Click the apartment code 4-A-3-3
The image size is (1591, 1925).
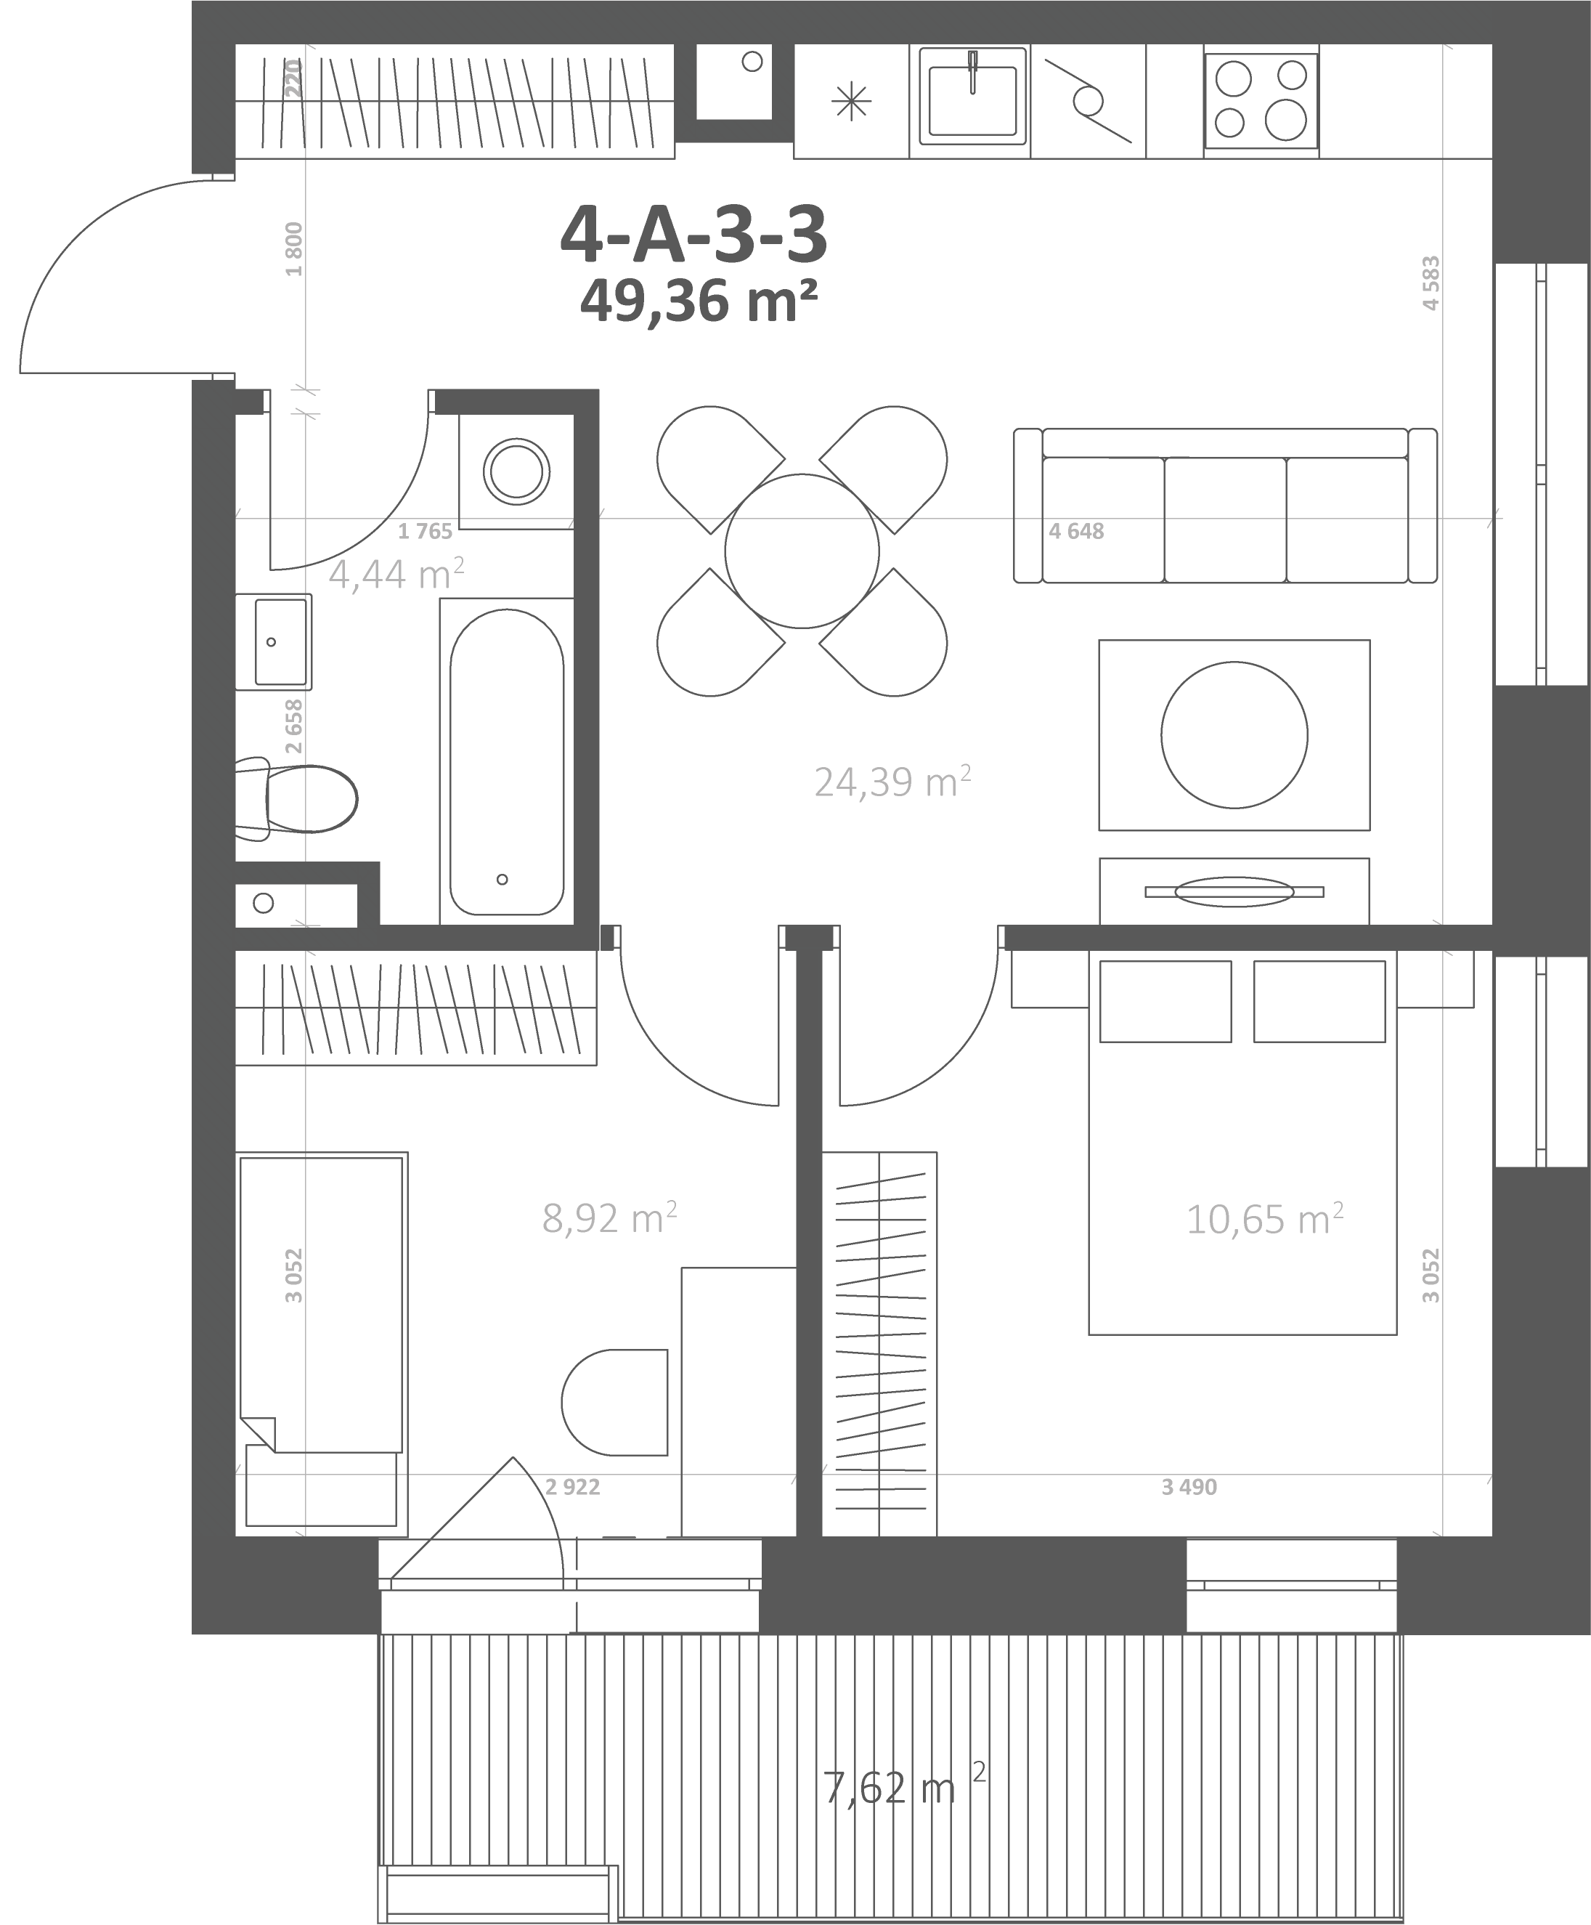(693, 235)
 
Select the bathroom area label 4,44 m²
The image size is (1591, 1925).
(396, 574)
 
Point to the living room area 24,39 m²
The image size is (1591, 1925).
(892, 782)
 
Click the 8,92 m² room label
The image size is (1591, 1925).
(609, 1218)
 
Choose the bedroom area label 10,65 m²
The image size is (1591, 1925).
(1265, 1219)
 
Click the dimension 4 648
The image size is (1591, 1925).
(1076, 531)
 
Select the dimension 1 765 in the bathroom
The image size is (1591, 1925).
(426, 531)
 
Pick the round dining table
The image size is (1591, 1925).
(802, 551)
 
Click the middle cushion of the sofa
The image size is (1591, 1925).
(1225, 520)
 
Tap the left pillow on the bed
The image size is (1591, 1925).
(1165, 1001)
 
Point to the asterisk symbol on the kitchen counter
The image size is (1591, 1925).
(850, 101)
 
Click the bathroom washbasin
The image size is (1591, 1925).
(273, 641)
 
